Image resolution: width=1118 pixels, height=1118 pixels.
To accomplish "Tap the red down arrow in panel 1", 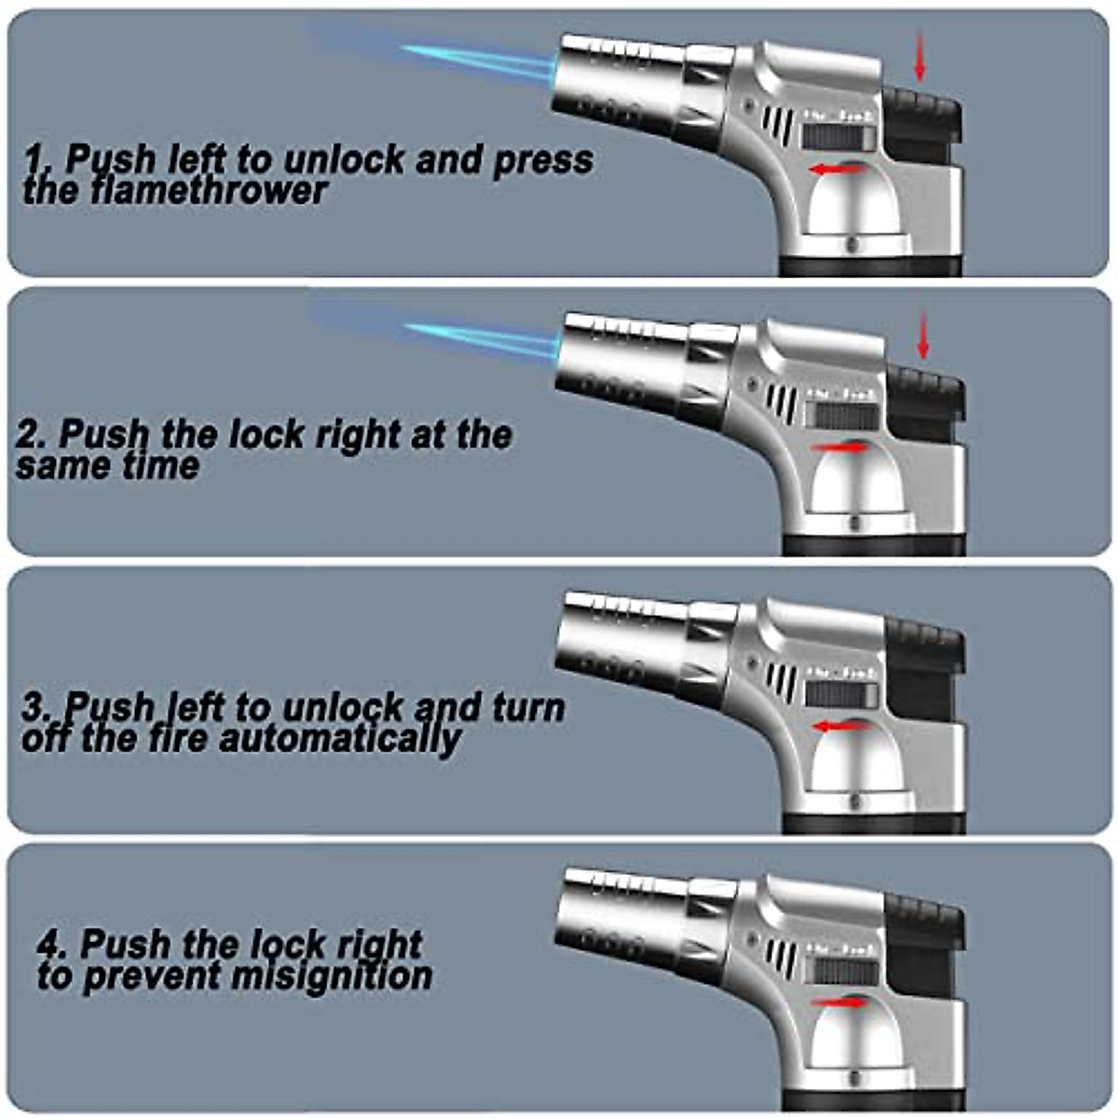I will tap(920, 58).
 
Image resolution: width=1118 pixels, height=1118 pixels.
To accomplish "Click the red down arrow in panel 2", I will tap(923, 335).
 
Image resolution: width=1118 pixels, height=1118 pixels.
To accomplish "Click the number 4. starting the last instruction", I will tap(52, 945).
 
